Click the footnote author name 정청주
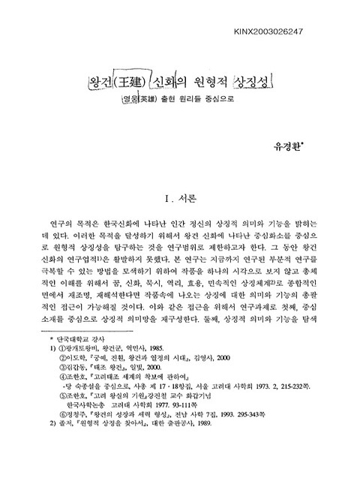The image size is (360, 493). (76, 455)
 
